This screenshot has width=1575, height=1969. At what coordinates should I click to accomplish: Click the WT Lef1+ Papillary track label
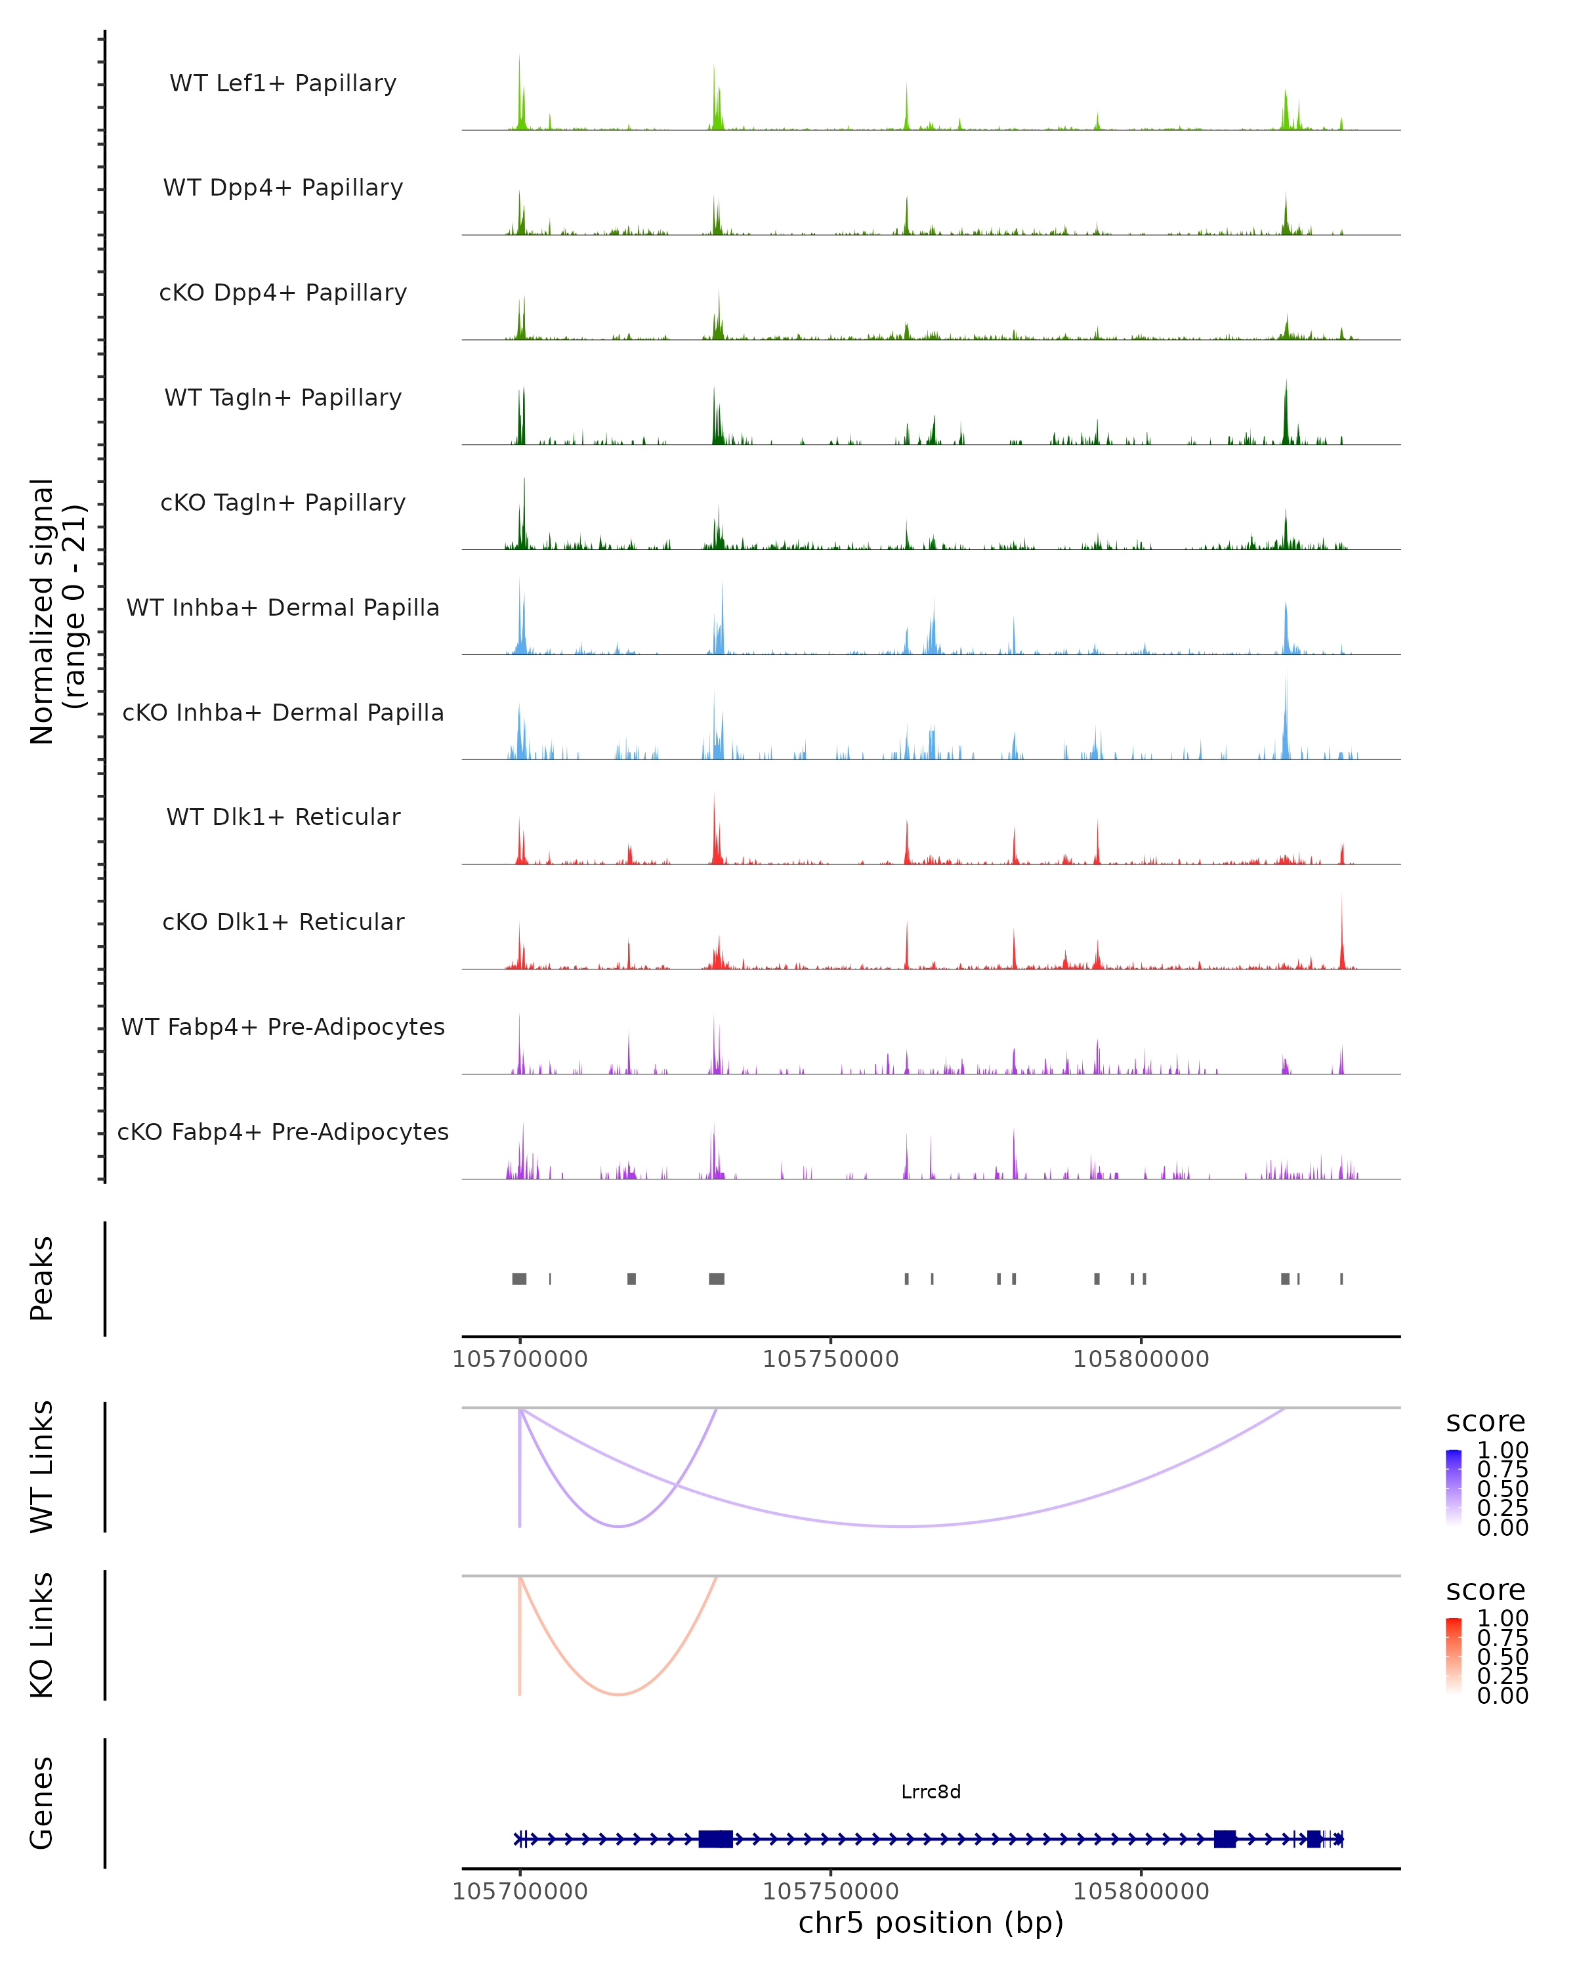[283, 83]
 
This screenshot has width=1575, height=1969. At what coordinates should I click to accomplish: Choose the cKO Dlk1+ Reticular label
[283, 921]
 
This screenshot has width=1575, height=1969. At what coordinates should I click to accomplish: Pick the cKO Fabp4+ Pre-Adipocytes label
[283, 1132]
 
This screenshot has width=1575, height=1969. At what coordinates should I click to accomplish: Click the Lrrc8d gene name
[931, 1792]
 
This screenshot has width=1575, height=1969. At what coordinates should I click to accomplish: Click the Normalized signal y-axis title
[56, 611]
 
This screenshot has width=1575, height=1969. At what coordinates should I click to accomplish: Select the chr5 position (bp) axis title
[931, 1922]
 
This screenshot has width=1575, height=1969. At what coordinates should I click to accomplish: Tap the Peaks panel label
[42, 1279]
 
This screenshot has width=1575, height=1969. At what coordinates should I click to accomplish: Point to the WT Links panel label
[42, 1467]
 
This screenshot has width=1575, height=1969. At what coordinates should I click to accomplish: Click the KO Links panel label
[42, 1635]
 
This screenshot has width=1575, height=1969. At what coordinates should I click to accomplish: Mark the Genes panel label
[42, 1803]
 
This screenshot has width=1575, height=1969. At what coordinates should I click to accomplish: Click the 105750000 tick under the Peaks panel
[830, 1359]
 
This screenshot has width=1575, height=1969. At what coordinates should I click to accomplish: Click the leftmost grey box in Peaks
[518, 1279]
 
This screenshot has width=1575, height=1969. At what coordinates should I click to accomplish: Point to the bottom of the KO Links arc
[618, 1694]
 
